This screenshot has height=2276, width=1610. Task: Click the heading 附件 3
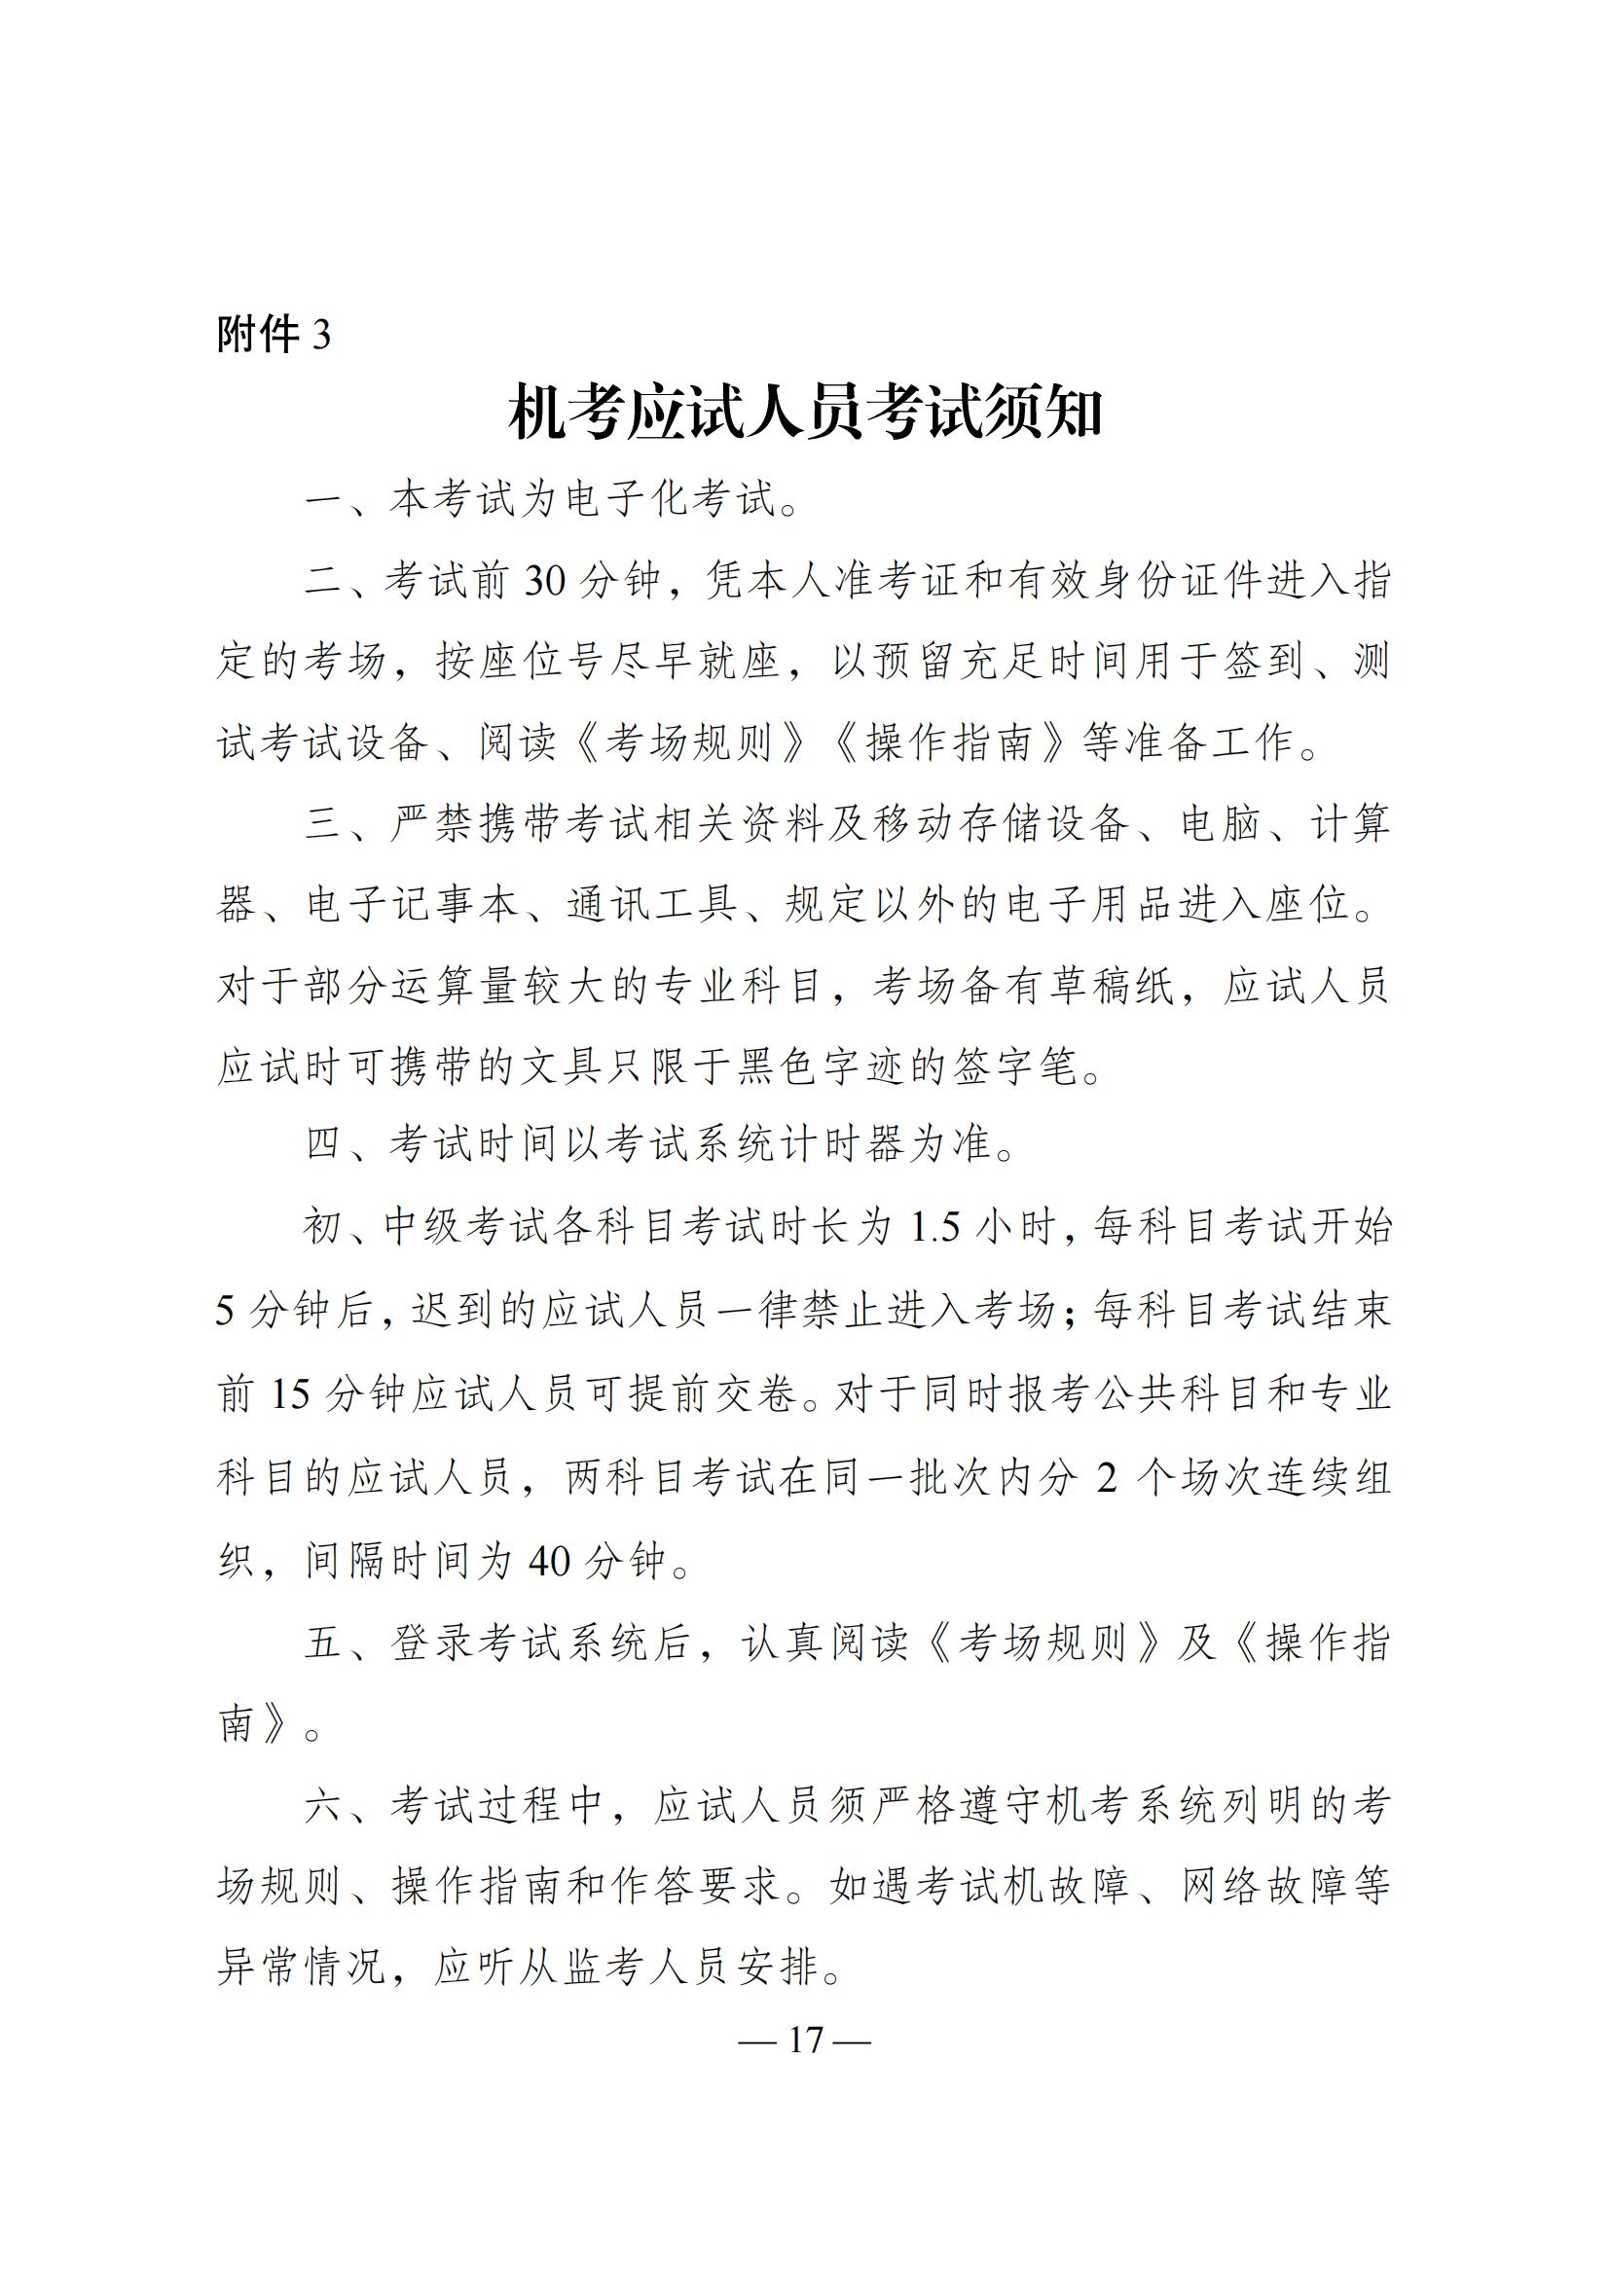[x=274, y=335]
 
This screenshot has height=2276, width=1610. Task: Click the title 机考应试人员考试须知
[x=805, y=414]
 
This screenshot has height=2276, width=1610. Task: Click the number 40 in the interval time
[x=549, y=1561]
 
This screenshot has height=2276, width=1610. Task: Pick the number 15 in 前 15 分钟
[x=290, y=1394]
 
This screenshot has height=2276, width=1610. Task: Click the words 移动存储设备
[x=1004, y=824]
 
